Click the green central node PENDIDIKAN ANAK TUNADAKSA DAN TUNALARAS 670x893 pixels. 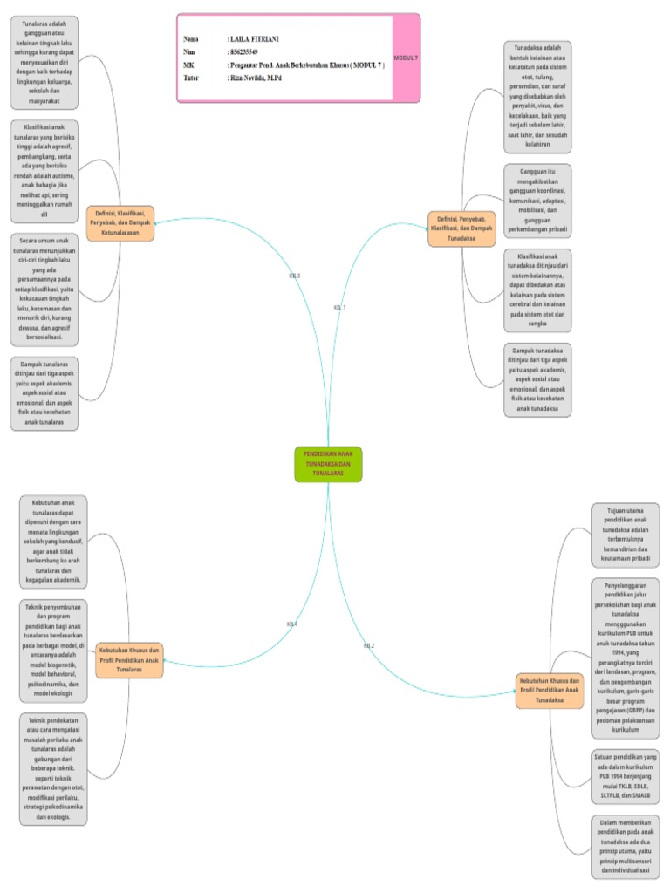[328, 464]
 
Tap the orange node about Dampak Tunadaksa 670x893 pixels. [461, 228]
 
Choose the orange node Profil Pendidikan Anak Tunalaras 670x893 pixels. [129, 659]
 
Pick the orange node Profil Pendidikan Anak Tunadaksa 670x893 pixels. [550, 689]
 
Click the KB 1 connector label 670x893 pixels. [340, 307]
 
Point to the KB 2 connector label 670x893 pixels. [368, 645]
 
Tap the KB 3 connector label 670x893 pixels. [294, 276]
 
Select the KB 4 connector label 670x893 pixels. [292, 624]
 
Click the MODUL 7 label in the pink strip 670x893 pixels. [406, 58]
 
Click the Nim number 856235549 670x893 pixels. [243, 52]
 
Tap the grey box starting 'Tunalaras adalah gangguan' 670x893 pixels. [44, 60]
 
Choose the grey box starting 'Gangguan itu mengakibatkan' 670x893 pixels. [537, 202]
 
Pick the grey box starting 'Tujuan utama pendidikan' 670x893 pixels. [626, 535]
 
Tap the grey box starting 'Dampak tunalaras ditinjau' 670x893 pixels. [44, 392]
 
